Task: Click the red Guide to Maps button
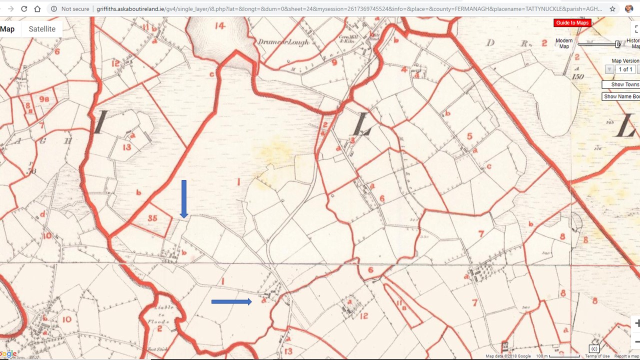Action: tap(572, 23)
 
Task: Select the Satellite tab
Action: tap(42, 29)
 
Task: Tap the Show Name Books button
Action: tap(621, 96)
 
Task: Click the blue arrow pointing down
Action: tap(184, 198)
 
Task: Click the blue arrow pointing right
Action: tap(231, 301)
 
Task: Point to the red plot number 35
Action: tap(152, 218)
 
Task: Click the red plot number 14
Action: tap(220, 26)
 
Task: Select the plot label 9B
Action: tap(43, 99)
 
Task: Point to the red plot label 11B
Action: tap(400, 303)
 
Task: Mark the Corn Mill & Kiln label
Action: tap(347, 39)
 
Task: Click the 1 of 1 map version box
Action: tap(625, 69)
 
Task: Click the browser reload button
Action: tap(24, 9)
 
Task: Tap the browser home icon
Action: tap(37, 9)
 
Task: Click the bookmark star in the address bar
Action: tap(612, 9)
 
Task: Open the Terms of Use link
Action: tap(597, 356)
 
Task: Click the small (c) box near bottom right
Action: tap(594, 348)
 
